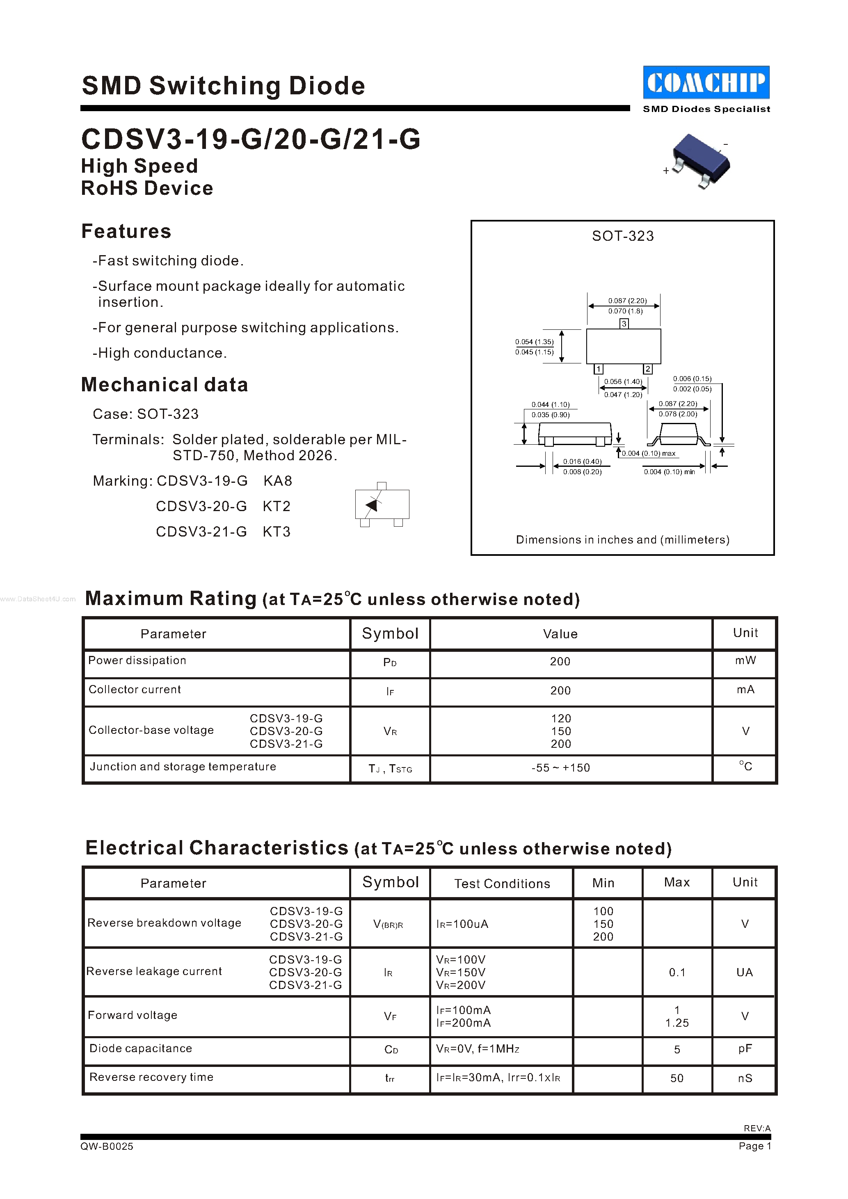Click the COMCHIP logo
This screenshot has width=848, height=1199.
coord(706,82)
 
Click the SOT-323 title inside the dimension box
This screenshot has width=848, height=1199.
coord(622,236)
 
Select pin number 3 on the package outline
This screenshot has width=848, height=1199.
coord(624,324)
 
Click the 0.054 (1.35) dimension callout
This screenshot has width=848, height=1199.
coord(534,342)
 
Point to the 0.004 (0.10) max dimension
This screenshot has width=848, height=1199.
coord(649,453)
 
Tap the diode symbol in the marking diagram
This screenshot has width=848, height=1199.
coord(372,505)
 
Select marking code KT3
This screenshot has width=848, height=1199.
coord(276,532)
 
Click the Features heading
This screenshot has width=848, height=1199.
coord(126,231)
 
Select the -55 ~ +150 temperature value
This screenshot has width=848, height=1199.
coord(560,767)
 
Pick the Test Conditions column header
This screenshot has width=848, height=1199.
coord(502,884)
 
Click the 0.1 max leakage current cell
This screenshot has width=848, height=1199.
coord(677,972)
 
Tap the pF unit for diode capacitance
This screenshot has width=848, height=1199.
coord(745,1048)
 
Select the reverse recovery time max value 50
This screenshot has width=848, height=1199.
coord(677,1078)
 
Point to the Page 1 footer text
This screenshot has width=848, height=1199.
coord(754,1146)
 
